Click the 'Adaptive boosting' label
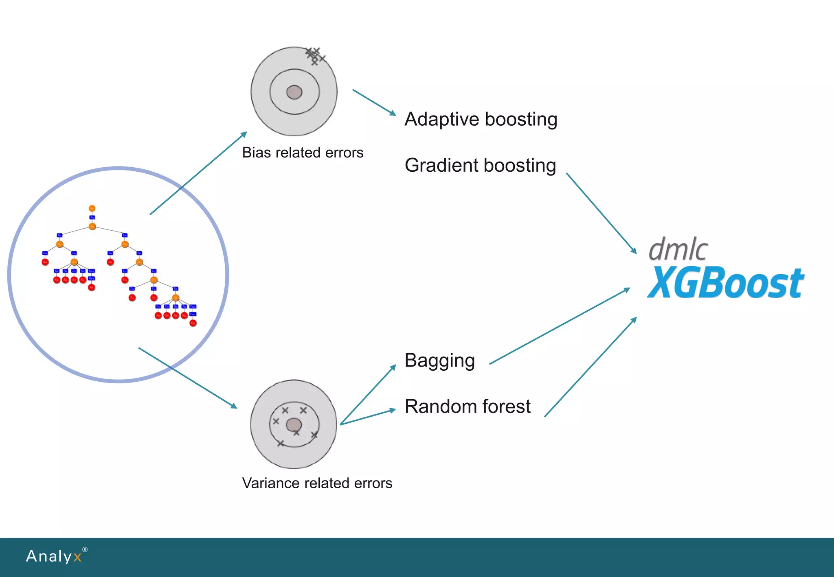[481, 120]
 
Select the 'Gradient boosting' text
[480, 166]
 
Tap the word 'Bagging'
[439, 361]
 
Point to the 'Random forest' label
[467, 407]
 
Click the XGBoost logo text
[725, 283]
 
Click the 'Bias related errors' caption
[303, 153]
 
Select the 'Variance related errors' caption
[317, 483]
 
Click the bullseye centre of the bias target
[294, 92]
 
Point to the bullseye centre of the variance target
[294, 425]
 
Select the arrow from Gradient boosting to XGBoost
[601, 213]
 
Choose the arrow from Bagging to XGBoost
[560, 326]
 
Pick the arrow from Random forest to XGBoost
[590, 367]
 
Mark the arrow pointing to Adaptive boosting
[374, 102]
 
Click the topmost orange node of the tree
[92, 208]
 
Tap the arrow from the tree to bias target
[198, 173]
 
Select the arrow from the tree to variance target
[188, 378]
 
